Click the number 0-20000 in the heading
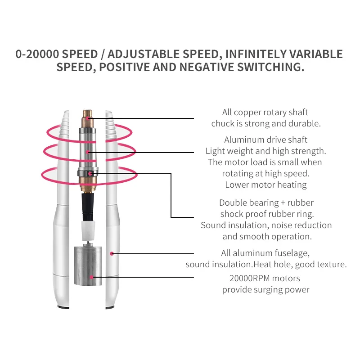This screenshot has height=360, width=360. click(37, 54)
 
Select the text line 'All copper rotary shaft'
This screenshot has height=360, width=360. click(265, 112)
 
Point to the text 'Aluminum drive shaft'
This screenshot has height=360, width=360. click(265, 139)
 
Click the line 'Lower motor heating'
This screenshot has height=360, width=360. click(265, 184)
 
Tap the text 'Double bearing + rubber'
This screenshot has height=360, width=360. click(266, 203)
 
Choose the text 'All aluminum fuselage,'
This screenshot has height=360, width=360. click(265, 253)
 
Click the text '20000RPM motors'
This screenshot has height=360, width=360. click(265, 278)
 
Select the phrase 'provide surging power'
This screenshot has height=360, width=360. click(265, 289)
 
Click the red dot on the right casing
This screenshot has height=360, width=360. click(112, 253)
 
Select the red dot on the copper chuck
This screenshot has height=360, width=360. click(89, 119)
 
